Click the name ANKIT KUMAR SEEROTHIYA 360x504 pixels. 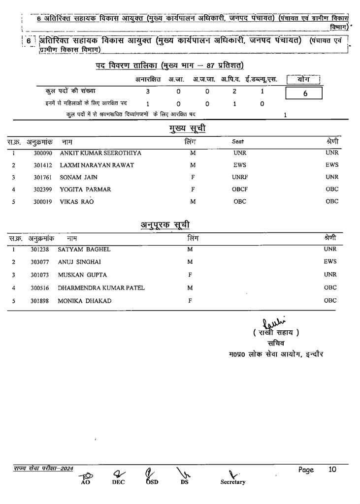click(x=100, y=153)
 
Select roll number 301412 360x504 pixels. click(x=43, y=165)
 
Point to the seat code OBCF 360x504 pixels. click(x=240, y=189)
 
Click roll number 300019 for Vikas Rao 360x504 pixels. click(x=43, y=202)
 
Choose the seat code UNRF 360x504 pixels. click(x=240, y=177)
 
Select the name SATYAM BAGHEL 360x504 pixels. click(x=84, y=250)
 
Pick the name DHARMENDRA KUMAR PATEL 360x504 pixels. click(x=101, y=288)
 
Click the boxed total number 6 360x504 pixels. click(x=305, y=93)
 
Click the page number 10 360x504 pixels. click(x=332, y=470)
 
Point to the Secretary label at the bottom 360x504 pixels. click(x=233, y=482)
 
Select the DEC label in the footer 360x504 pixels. click(x=118, y=482)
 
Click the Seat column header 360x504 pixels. click(x=238, y=142)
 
